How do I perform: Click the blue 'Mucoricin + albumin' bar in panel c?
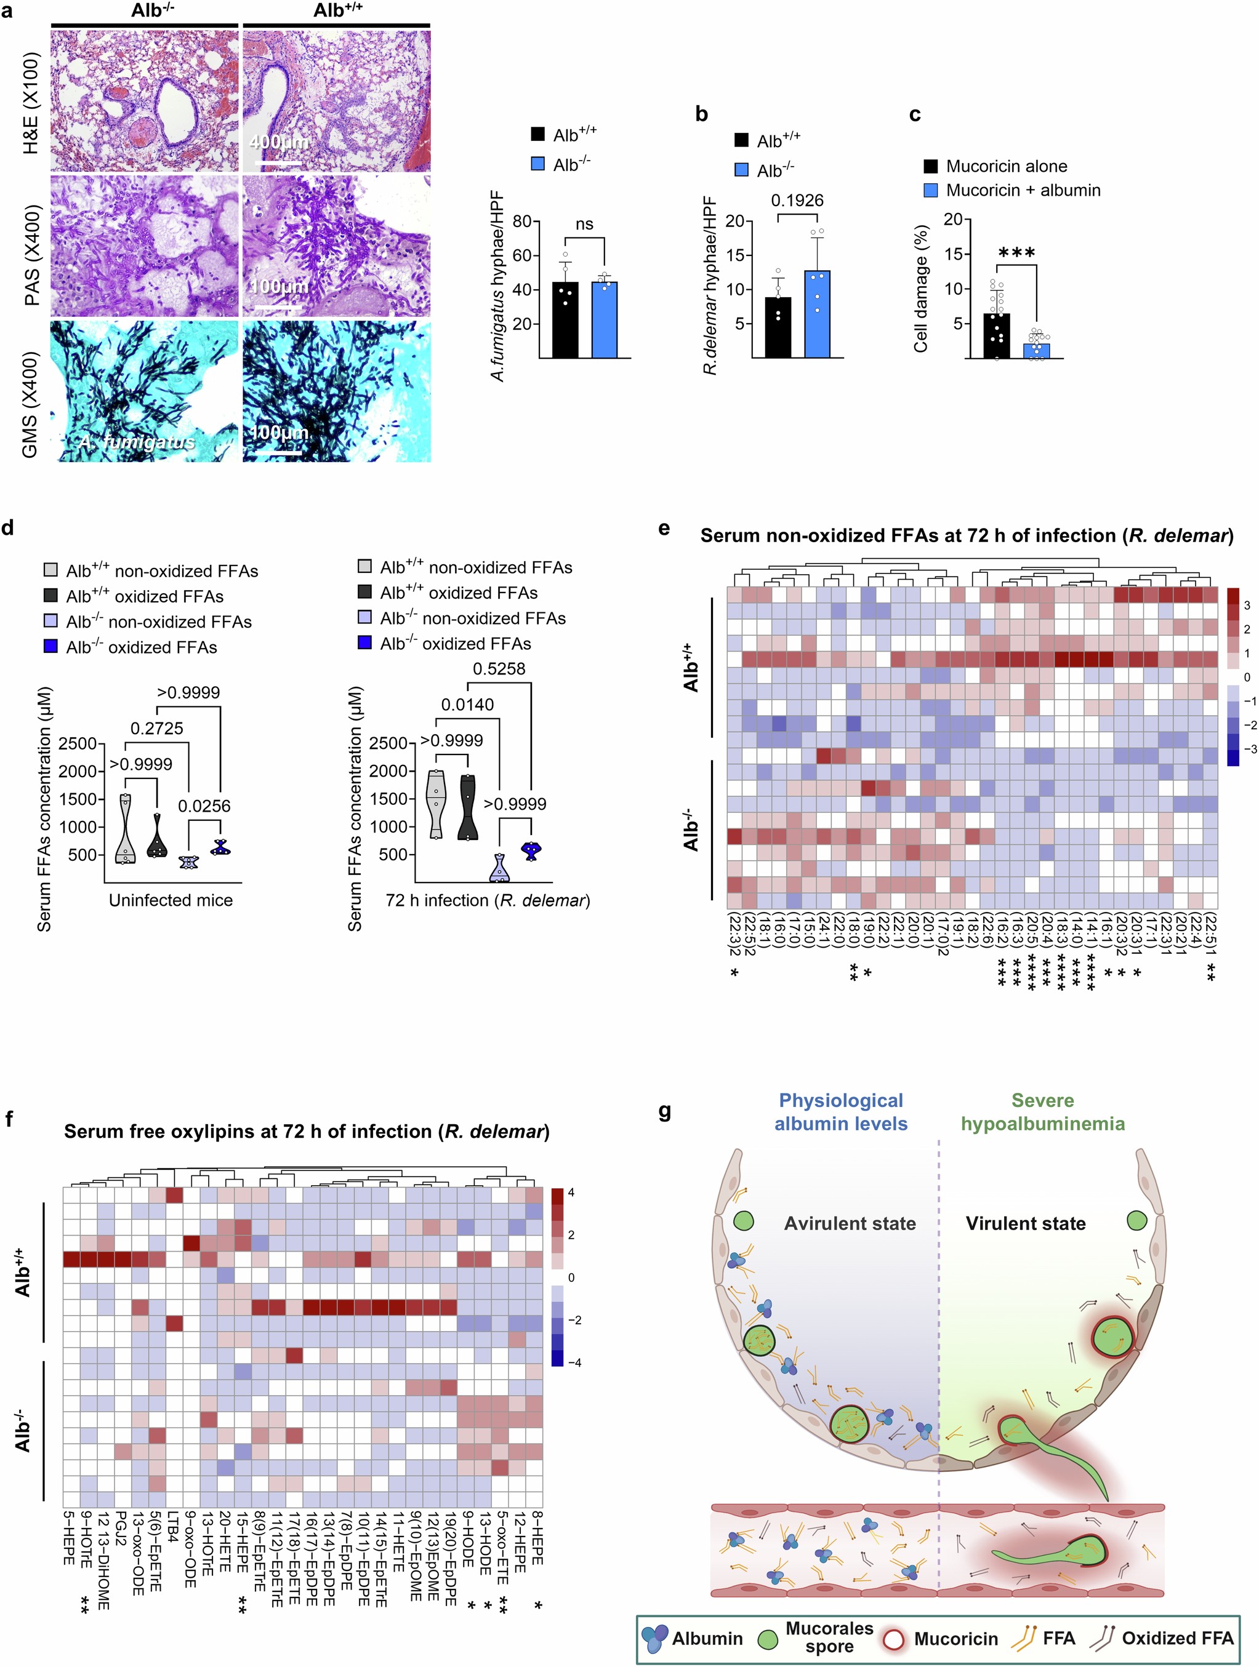tap(1036, 350)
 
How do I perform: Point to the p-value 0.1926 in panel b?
tap(797, 201)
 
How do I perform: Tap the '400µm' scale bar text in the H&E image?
tap(278, 142)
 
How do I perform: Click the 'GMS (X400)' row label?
tap(30, 404)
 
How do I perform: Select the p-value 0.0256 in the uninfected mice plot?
tap(204, 806)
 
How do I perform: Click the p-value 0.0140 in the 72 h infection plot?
tap(467, 705)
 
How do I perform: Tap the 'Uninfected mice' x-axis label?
tap(171, 900)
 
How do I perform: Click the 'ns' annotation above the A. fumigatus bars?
tap(584, 225)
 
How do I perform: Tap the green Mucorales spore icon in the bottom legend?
tap(768, 1639)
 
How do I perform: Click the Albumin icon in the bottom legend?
tap(654, 1637)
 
